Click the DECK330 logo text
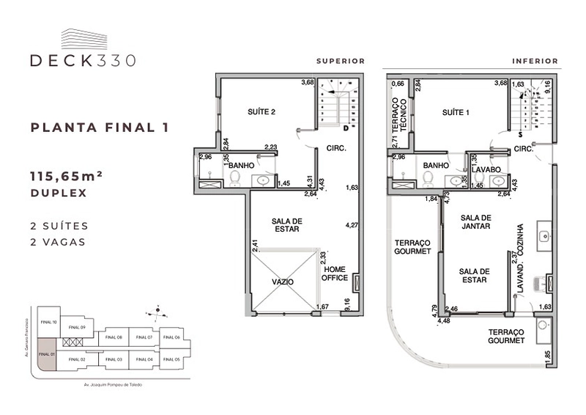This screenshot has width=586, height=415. (x=83, y=61)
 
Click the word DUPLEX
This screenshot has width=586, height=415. (x=58, y=194)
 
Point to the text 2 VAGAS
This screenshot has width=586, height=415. (x=58, y=241)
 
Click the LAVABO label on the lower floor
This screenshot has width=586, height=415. (x=486, y=169)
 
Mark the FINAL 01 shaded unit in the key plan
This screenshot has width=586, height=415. (x=47, y=355)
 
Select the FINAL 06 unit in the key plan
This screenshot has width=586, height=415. (x=173, y=337)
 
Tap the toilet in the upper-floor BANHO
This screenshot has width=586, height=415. (x=234, y=178)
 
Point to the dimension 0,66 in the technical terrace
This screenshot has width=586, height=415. (x=398, y=84)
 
